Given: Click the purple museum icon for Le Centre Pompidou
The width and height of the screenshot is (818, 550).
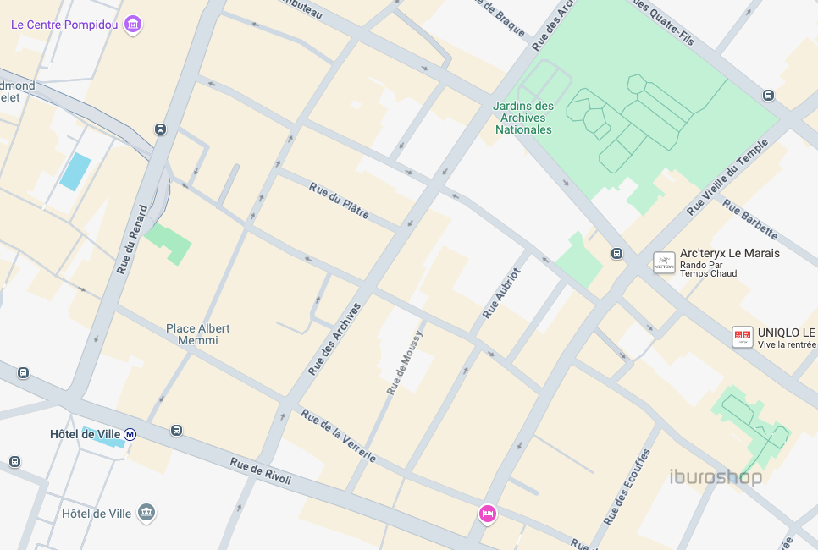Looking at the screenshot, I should (133, 25).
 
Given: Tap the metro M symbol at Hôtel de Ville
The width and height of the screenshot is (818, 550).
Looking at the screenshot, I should (130, 434).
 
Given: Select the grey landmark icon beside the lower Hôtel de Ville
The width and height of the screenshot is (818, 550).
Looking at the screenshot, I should (147, 513).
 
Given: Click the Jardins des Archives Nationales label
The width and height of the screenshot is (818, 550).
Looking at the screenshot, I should (523, 118).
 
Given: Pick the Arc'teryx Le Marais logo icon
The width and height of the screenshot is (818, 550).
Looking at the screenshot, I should (664, 262).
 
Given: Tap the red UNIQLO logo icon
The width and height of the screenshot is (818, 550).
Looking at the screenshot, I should (743, 338).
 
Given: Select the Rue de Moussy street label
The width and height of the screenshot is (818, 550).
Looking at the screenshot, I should (403, 362).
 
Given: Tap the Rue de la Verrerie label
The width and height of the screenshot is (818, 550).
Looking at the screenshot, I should (338, 436).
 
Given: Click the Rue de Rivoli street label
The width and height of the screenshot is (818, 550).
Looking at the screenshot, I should (261, 472).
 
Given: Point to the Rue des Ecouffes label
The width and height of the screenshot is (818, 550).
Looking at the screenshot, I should (626, 487).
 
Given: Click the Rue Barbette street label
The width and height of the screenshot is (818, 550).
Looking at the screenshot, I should (750, 220).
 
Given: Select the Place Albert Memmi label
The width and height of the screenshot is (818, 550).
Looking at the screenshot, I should (197, 334).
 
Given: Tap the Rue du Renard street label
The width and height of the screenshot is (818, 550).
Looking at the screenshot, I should (132, 239).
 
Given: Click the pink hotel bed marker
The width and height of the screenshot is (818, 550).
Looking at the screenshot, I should (487, 513).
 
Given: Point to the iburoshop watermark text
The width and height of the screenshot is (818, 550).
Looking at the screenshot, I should (716, 477).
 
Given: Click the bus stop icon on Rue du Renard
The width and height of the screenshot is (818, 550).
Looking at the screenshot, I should (160, 129).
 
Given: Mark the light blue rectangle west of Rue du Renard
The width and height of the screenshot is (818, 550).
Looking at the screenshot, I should (75, 172).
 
